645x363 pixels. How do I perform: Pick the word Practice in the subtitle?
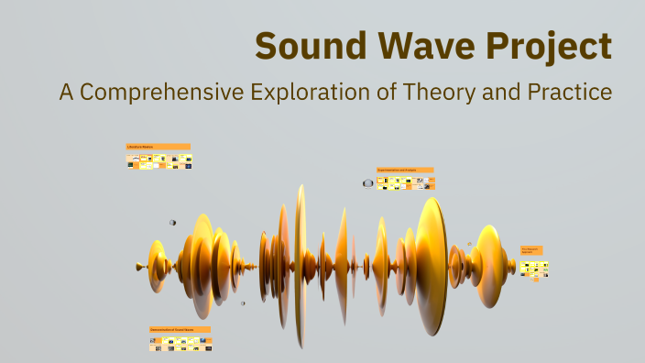tap(568, 93)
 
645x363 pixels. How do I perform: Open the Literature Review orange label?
tap(159, 147)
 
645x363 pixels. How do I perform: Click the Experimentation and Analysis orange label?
tap(405, 170)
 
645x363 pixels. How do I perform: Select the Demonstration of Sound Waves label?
tap(180, 329)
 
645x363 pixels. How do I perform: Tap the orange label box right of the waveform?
tap(531, 250)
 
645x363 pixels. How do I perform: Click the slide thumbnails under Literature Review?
tap(159, 161)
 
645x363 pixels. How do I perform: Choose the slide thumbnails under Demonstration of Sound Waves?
tap(180, 344)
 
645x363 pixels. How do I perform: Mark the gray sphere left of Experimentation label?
tap(368, 183)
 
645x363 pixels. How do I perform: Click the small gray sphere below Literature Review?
tap(172, 223)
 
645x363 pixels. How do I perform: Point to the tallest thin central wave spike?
tap(301, 266)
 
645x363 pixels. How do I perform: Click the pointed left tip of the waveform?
tap(138, 267)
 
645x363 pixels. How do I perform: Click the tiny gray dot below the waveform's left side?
tap(243, 303)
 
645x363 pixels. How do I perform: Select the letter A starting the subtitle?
tap(66, 93)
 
